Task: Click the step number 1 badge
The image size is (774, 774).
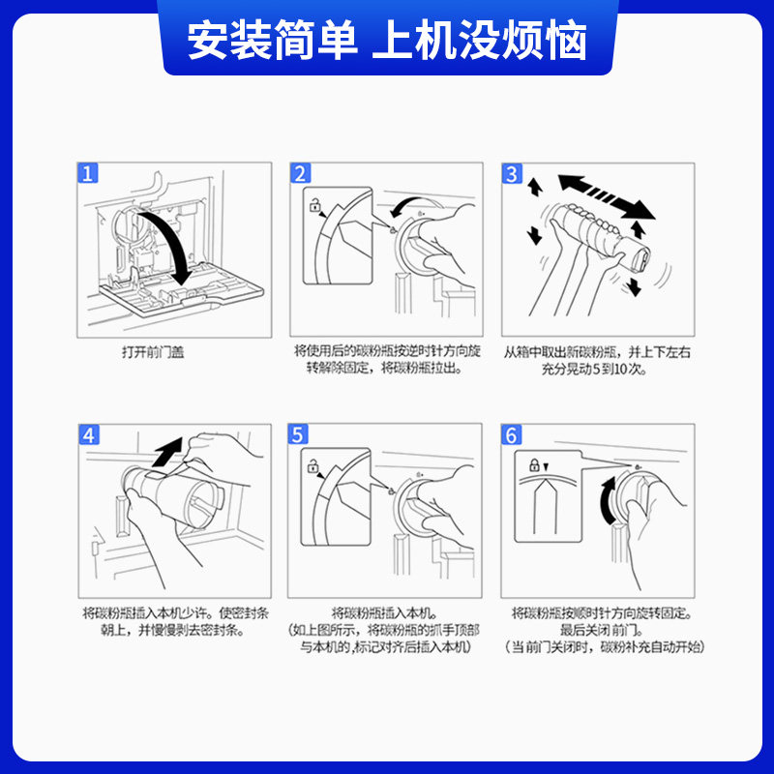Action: (87, 173)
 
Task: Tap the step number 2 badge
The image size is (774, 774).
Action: (300, 173)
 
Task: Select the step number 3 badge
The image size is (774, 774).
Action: (512, 173)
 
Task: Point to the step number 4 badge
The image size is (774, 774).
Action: (89, 434)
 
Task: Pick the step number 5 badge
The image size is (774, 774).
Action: (298, 434)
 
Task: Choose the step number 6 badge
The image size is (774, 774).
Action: (512, 434)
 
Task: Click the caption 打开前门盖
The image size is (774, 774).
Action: (153, 352)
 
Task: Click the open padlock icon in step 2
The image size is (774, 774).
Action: (314, 204)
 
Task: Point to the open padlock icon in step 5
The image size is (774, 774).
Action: (313, 465)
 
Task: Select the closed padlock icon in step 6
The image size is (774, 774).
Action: (534, 464)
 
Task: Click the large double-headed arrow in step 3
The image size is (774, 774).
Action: (607, 196)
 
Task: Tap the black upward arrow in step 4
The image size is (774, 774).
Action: (166, 452)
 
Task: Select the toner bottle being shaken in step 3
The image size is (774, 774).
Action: (601, 235)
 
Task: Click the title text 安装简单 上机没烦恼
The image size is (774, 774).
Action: (387, 41)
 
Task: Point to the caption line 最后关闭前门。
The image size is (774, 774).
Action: (602, 630)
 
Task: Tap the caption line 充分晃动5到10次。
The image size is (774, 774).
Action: (594, 369)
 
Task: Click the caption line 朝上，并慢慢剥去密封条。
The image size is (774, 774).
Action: (173, 630)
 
